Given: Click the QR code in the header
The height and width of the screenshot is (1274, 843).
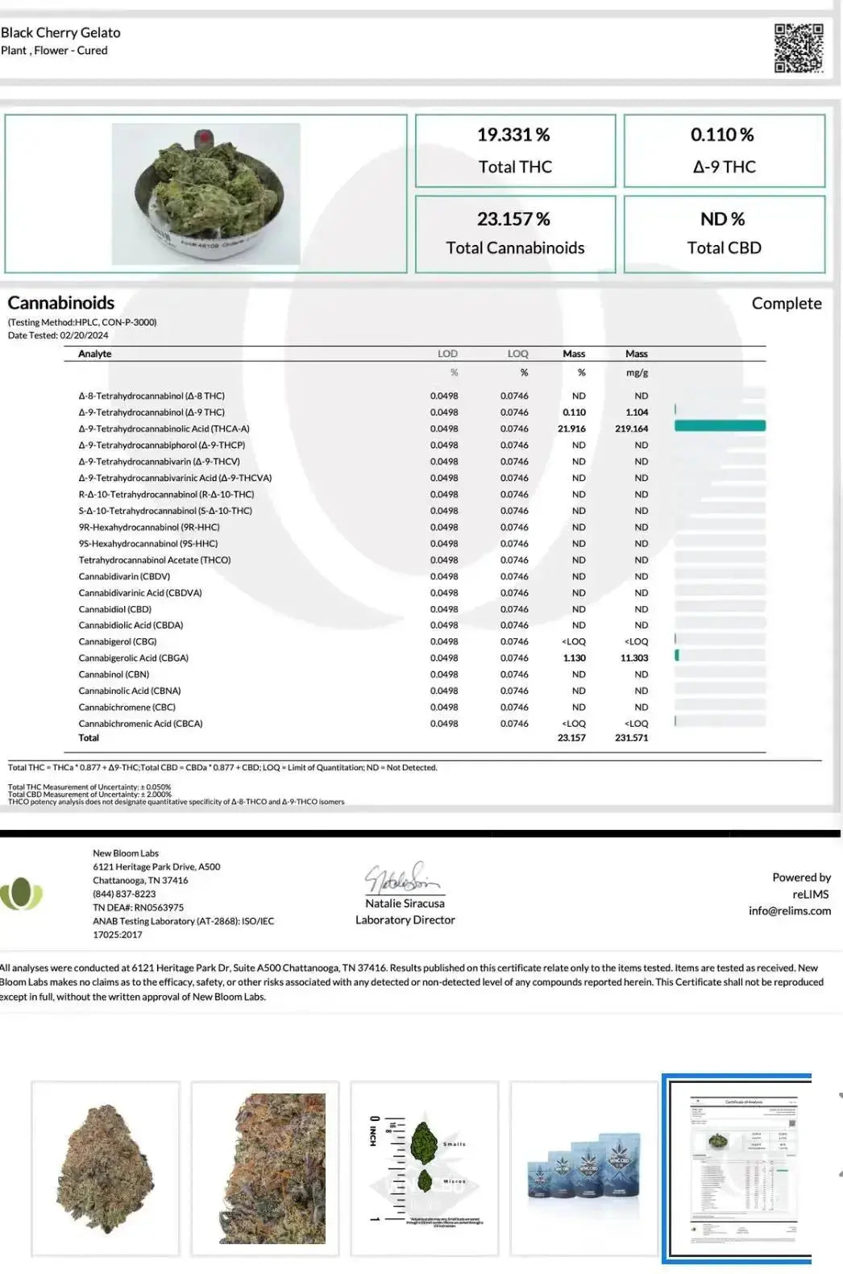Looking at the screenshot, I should pyautogui.click(x=799, y=48).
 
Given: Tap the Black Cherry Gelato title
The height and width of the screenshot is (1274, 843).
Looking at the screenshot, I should pyautogui.click(x=61, y=33).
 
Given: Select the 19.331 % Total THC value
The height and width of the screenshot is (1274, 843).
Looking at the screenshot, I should pyautogui.click(x=513, y=135).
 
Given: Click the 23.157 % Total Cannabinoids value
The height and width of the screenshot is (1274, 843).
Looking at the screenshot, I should pyautogui.click(x=513, y=219).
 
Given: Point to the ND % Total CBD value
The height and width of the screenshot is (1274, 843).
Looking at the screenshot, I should pyautogui.click(x=723, y=219).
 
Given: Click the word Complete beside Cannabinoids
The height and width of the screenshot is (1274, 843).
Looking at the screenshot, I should pyautogui.click(x=786, y=304).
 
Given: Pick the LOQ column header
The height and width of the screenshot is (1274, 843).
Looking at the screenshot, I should pyautogui.click(x=517, y=354).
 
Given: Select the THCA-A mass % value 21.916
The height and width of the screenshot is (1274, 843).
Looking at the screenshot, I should pyautogui.click(x=571, y=429).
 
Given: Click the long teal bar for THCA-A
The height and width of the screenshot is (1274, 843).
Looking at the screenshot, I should pyautogui.click(x=720, y=426).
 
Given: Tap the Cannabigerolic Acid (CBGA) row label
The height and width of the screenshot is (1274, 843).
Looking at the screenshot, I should pyautogui.click(x=134, y=658).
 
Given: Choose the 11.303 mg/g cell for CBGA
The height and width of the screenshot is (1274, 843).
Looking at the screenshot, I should pyautogui.click(x=634, y=658).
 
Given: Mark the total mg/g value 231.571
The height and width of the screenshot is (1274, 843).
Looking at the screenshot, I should pyautogui.click(x=631, y=738).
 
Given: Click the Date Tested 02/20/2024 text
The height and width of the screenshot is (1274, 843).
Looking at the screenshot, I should pyautogui.click(x=58, y=335).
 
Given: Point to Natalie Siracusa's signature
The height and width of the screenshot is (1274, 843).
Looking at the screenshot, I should pyautogui.click(x=402, y=878).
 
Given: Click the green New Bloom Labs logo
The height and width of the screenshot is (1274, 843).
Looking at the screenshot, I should pyautogui.click(x=21, y=894).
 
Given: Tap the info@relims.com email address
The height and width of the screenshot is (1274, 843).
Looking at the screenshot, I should pyautogui.click(x=789, y=911).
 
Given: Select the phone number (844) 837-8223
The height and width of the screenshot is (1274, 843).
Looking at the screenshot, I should pyautogui.click(x=124, y=894).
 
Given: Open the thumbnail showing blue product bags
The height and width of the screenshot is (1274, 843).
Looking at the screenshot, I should pyautogui.click(x=584, y=1168).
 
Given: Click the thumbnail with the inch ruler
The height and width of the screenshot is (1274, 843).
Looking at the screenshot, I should pyautogui.click(x=425, y=1168).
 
